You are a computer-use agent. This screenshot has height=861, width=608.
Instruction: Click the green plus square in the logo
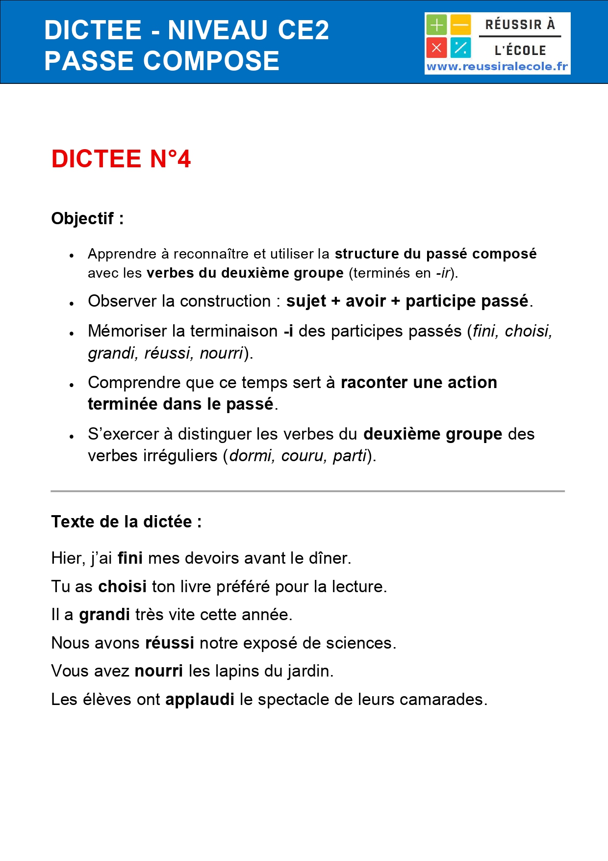coord(436,25)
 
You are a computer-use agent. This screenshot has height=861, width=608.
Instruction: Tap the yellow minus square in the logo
coord(461,25)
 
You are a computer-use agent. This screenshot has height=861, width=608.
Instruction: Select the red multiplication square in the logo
coord(436,48)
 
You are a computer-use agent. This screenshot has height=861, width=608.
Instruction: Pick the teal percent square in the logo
coord(461,48)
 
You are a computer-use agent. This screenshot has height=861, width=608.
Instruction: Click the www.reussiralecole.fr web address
coord(497,67)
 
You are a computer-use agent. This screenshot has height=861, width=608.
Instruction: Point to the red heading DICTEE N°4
coord(121,159)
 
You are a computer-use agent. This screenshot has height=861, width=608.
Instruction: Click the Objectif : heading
coord(87,218)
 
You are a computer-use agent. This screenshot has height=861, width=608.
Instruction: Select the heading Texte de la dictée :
coord(127,522)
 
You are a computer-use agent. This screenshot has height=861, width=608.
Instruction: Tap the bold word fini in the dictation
coord(130,558)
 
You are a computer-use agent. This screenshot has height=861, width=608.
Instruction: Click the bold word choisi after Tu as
coord(123,587)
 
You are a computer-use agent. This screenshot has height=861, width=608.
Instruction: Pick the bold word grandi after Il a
coord(104,615)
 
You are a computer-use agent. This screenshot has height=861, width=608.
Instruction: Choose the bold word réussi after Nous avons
coord(170,643)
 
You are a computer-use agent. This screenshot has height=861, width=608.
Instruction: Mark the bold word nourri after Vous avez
coord(159,671)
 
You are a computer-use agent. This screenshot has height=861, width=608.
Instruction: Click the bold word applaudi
coord(200,700)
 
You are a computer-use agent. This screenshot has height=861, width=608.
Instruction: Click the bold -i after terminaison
coord(288,331)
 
